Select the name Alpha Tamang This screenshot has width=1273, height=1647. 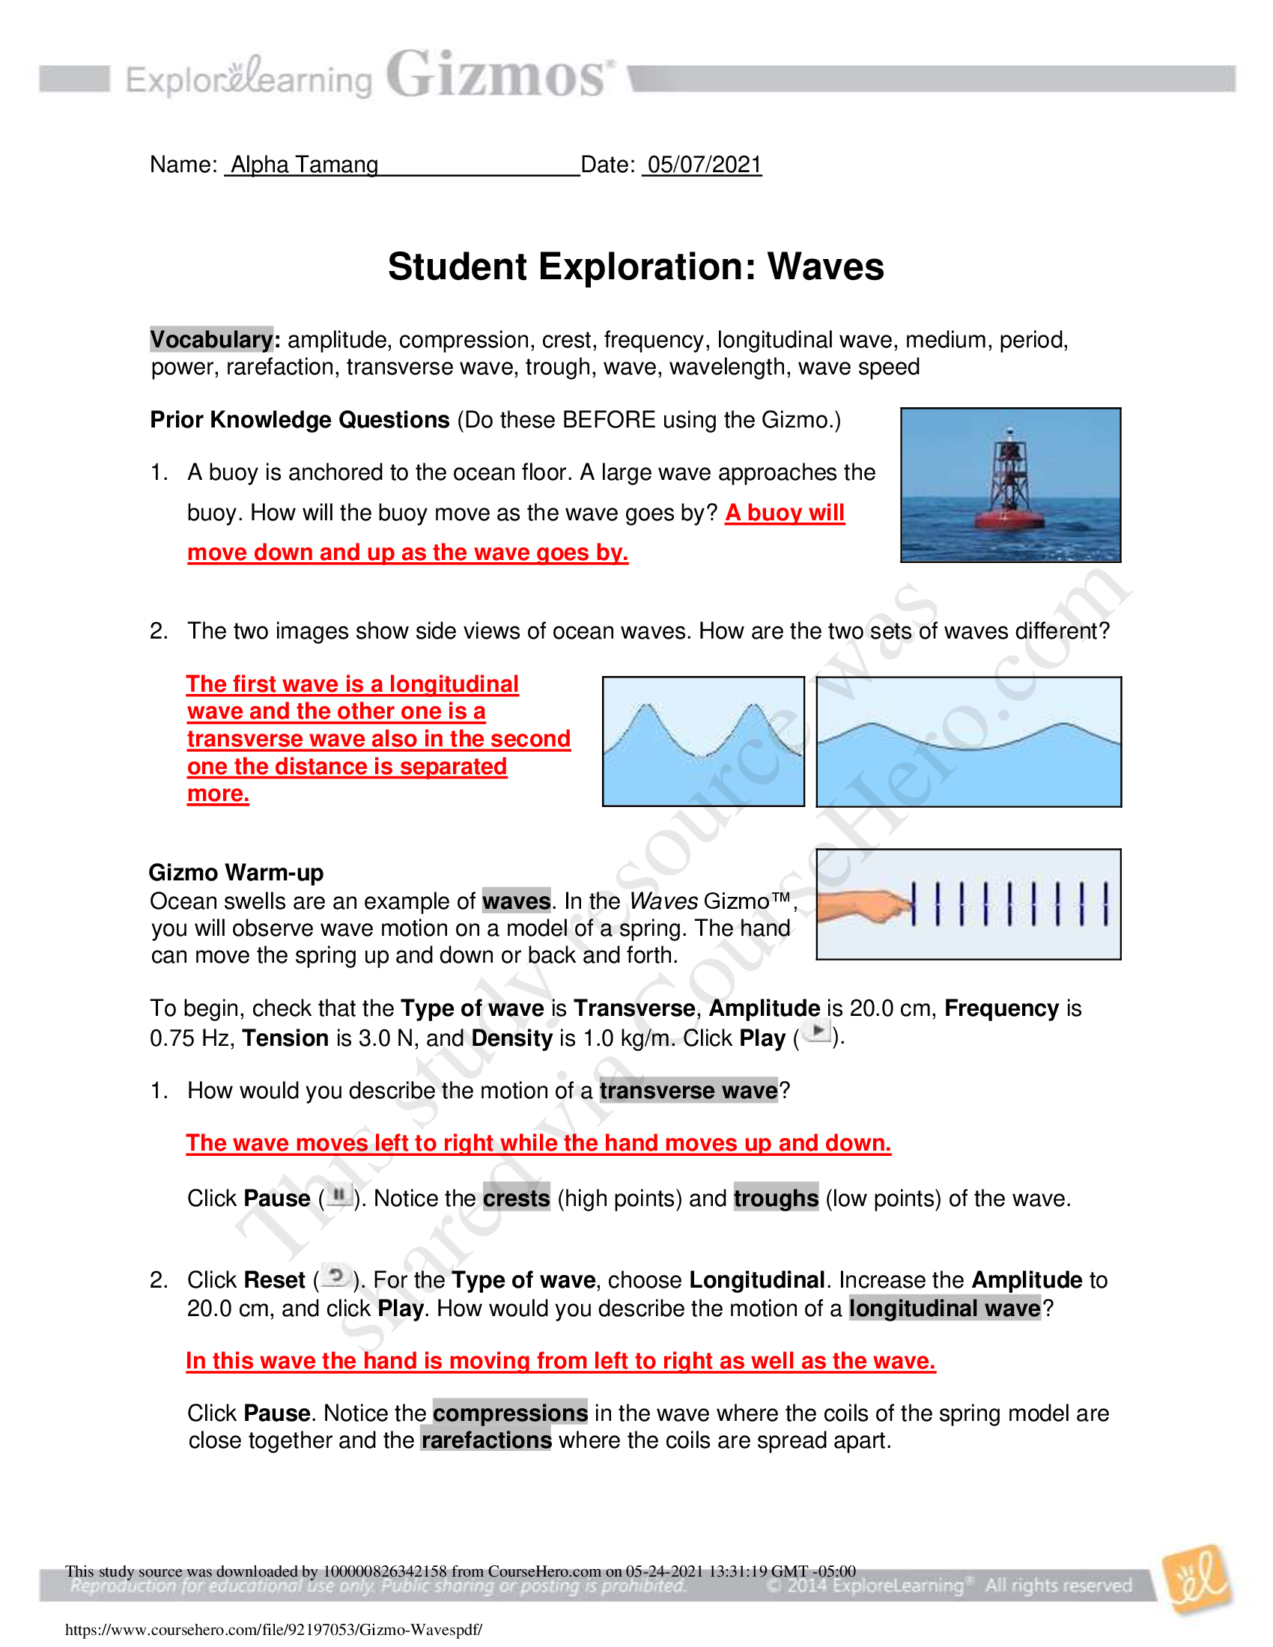click(305, 165)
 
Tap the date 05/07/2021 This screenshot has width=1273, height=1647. click(705, 165)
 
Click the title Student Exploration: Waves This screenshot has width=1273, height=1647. click(636, 267)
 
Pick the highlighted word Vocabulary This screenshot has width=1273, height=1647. click(212, 339)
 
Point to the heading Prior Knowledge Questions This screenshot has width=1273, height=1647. click(300, 420)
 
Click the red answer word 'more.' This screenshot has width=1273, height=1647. click(218, 794)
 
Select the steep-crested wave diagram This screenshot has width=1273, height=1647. click(703, 741)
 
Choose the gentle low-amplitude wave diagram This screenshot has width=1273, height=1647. click(968, 741)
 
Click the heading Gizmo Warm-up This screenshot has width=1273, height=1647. click(236, 872)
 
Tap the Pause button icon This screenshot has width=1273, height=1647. click(340, 1196)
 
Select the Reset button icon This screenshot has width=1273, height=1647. click(334, 1277)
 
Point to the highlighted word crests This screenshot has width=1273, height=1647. click(517, 1199)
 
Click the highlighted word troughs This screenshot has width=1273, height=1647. click(776, 1199)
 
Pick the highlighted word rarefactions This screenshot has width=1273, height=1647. click(487, 1440)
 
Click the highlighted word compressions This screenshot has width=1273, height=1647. click(511, 1413)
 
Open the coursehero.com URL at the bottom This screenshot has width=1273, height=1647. click(274, 1630)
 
